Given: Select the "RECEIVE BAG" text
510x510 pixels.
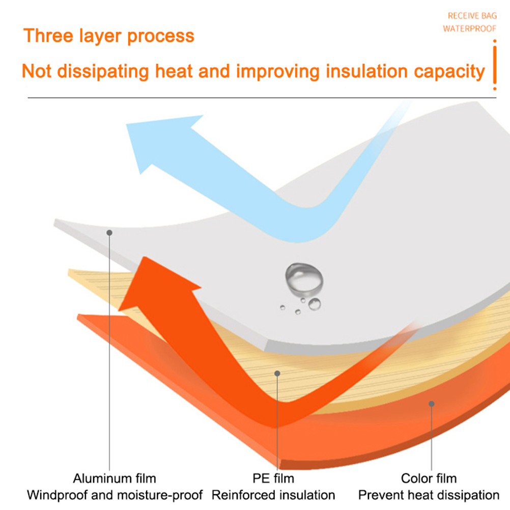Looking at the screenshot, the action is pyautogui.click(x=472, y=16).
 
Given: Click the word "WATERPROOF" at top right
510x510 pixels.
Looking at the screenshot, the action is pyautogui.click(x=470, y=29).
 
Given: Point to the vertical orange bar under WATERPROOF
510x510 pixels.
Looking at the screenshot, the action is pyautogui.click(x=495, y=65).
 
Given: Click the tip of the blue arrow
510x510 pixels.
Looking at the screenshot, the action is pyautogui.click(x=127, y=124).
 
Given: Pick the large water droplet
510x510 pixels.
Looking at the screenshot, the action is pyautogui.click(x=304, y=279).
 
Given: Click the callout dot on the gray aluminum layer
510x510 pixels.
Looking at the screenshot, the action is pyautogui.click(x=109, y=233).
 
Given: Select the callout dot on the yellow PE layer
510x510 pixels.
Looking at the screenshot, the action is pyautogui.click(x=277, y=374).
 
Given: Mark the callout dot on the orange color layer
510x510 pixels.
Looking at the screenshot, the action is pyautogui.click(x=432, y=404).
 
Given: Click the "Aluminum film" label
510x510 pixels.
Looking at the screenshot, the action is pyautogui.click(x=115, y=478).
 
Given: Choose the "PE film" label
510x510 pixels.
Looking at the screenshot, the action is pyautogui.click(x=273, y=478).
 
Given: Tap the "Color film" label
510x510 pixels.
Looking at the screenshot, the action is pyautogui.click(x=429, y=478).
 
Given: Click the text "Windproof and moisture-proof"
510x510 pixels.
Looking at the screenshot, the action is pyautogui.click(x=115, y=495).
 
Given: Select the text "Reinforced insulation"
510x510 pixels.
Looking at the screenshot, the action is pyautogui.click(x=273, y=495).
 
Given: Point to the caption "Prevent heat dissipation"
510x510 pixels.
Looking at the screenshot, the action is pyautogui.click(x=429, y=495).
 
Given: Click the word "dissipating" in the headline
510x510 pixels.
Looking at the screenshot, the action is pyautogui.click(x=103, y=72).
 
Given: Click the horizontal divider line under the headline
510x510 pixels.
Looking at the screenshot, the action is pyautogui.click(x=262, y=98).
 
